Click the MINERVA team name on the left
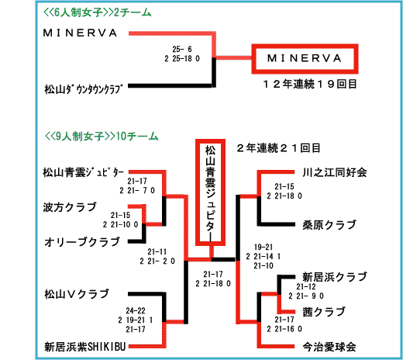click(x=80, y=33)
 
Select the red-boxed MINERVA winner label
click(x=305, y=59)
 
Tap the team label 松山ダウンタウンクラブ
click(x=83, y=89)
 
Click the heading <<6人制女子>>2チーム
click(x=98, y=12)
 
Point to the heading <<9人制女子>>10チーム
click(x=102, y=136)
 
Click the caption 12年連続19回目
click(x=310, y=84)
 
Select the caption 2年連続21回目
click(x=278, y=148)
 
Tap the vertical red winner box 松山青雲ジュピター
click(x=210, y=192)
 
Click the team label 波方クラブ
click(x=70, y=207)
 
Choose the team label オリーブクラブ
click(x=82, y=242)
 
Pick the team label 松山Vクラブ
click(x=77, y=294)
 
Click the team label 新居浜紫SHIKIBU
click(x=85, y=347)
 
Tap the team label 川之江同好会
click(x=335, y=172)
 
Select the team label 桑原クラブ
click(x=329, y=225)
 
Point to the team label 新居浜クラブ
click(x=335, y=277)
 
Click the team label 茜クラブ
click(x=324, y=312)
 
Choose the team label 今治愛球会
click(x=329, y=347)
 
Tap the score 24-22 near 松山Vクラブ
click(x=136, y=310)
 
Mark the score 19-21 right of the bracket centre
click(x=263, y=247)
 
